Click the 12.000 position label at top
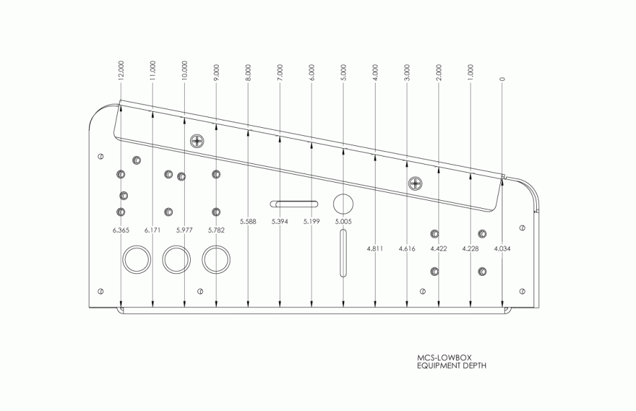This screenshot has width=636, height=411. (x=121, y=72)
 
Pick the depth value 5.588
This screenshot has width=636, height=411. (x=248, y=222)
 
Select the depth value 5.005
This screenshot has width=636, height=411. (x=343, y=222)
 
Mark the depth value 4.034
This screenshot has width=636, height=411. (x=502, y=249)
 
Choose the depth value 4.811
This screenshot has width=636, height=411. (x=375, y=249)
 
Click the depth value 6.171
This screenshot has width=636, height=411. (x=153, y=230)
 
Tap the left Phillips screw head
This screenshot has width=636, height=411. (x=197, y=141)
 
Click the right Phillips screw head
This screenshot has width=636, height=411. (x=416, y=182)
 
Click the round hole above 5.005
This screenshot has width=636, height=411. (x=343, y=203)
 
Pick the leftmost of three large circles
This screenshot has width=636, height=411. (x=136, y=259)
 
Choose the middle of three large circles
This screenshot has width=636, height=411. (x=177, y=259)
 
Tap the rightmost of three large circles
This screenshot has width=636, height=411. (x=216, y=259)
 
